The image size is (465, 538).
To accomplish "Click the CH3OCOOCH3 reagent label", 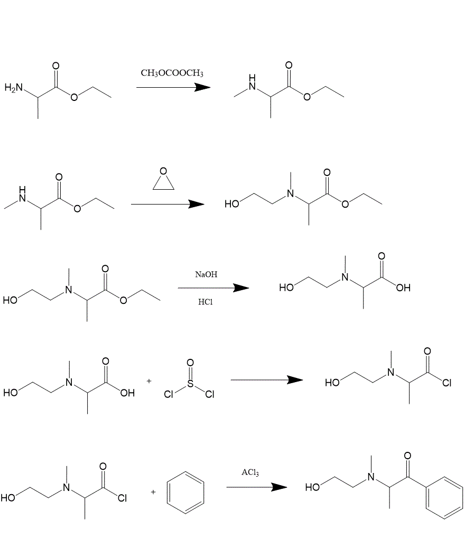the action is [x=172, y=73].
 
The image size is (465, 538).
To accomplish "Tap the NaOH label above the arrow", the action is [x=206, y=274].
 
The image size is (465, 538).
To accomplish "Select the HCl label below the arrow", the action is [x=205, y=302].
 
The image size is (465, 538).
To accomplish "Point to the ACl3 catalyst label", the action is [x=250, y=472].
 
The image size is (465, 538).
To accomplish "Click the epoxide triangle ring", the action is [x=163, y=182].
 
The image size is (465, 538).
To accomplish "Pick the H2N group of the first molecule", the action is [x=14, y=88].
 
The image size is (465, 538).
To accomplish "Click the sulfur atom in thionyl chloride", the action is [x=190, y=384].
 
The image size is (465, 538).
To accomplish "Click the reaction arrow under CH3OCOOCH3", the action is [x=173, y=88].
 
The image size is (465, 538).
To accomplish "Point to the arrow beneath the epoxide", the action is [x=168, y=204].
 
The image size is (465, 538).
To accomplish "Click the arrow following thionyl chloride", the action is [x=267, y=380].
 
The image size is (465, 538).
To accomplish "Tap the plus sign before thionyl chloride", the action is [x=149, y=381].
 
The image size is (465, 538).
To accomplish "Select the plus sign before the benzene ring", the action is [x=153, y=492].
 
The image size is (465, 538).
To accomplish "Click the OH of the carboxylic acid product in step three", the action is [x=403, y=288].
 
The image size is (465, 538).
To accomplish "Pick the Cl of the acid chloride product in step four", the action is [x=447, y=383].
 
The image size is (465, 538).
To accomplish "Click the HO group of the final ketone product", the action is [x=312, y=487].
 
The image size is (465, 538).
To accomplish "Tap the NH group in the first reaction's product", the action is [x=253, y=82].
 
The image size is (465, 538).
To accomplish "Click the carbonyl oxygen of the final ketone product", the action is [x=407, y=456].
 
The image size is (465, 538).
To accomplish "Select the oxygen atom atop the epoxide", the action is [x=163, y=171].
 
